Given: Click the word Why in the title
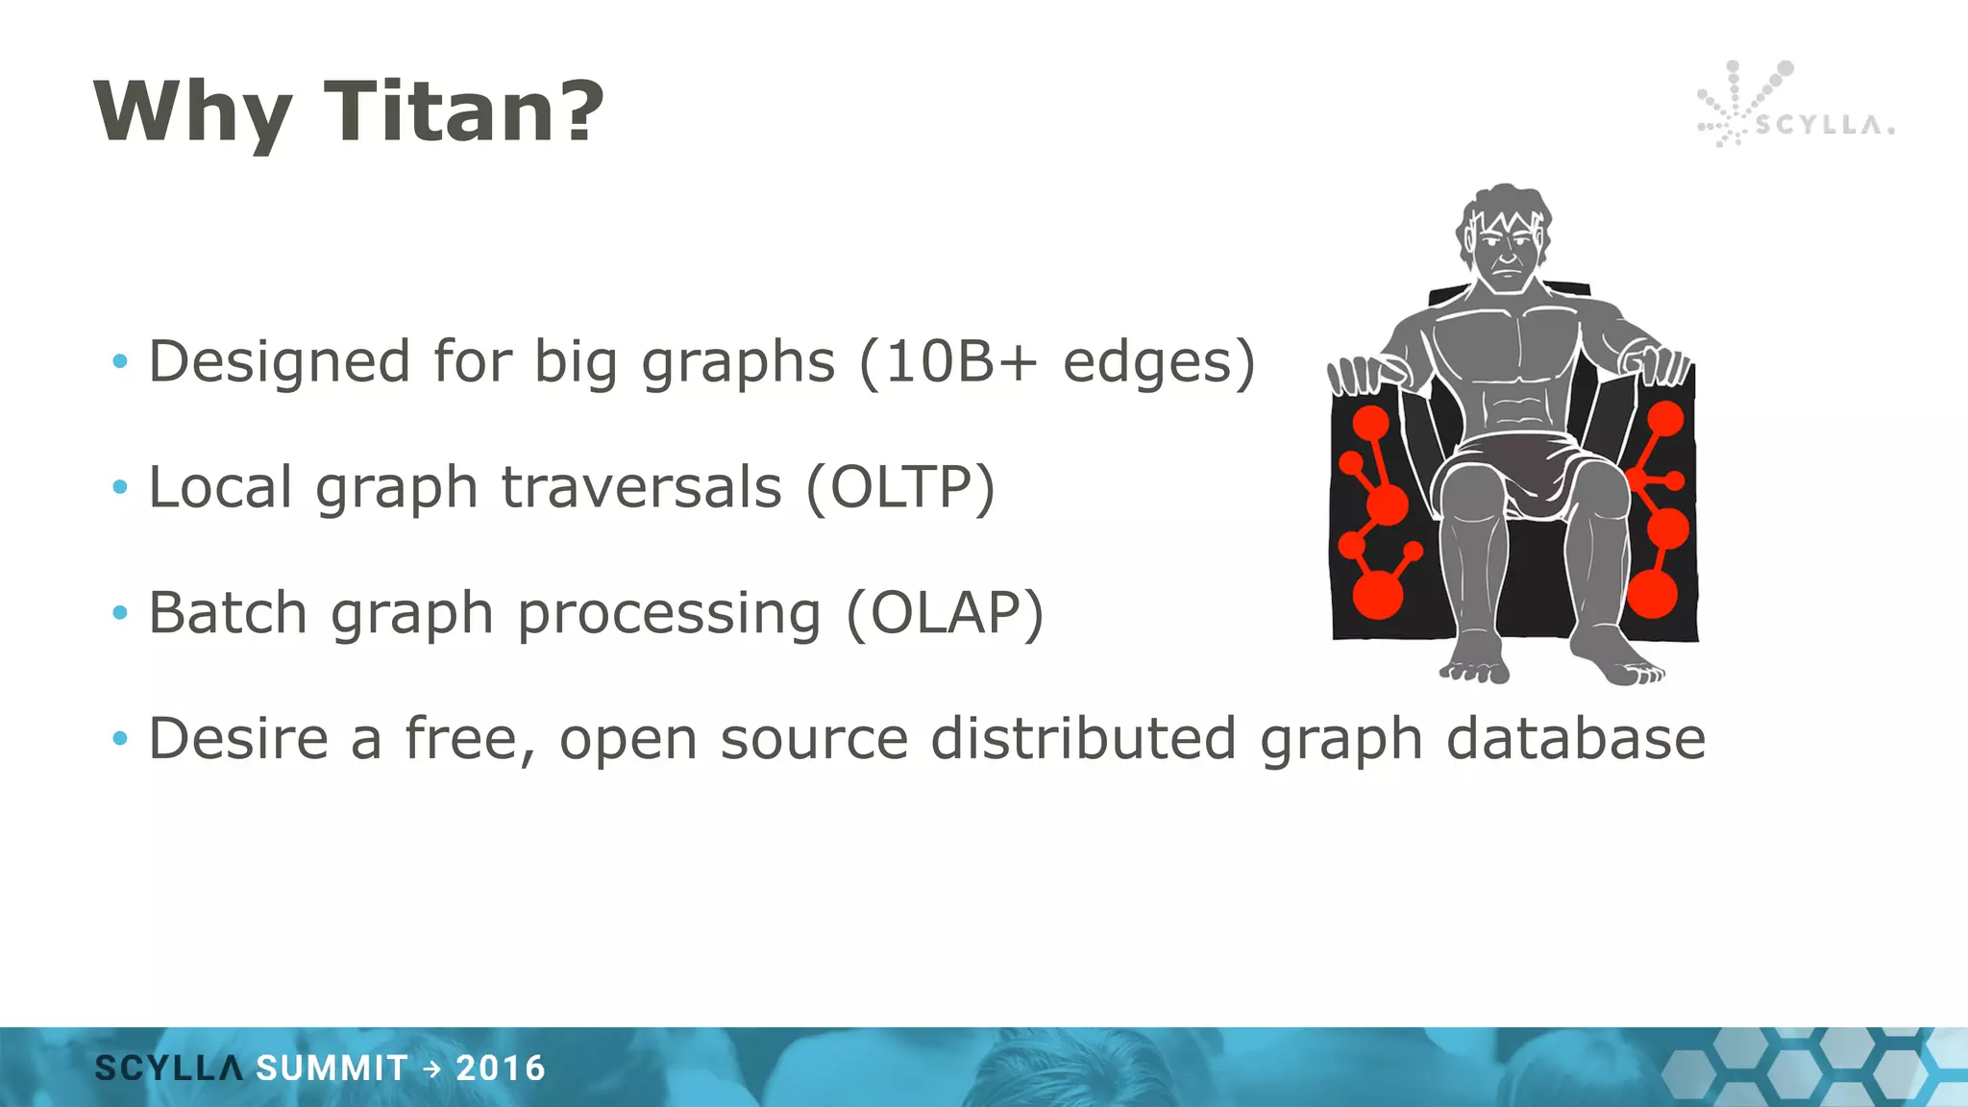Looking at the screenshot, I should point(192,113).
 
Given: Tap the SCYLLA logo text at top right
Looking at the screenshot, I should point(1823,125).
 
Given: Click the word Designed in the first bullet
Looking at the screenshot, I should point(279,363).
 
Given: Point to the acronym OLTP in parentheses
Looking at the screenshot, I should point(900,487).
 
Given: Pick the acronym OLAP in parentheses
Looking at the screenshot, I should point(945,613).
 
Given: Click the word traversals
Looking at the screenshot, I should point(641,487).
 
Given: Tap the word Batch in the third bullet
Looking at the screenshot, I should point(228,613).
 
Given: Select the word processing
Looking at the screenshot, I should point(670,615).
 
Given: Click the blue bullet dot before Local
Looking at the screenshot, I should point(120,487).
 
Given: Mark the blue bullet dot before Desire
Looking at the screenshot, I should point(120,738).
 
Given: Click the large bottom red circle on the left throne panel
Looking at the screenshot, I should point(1377,593).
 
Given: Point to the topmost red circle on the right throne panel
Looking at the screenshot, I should point(1665,419).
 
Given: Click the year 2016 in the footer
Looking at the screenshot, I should point(500,1068).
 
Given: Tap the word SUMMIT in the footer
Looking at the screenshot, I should point(332,1068).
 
